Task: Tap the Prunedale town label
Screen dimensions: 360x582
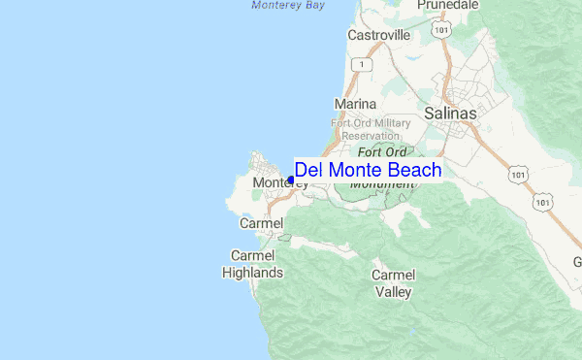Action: click(x=449, y=6)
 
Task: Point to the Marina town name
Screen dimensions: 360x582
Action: click(x=354, y=104)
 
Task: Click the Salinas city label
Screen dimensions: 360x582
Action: click(x=451, y=114)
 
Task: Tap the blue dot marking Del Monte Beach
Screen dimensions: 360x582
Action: click(x=291, y=180)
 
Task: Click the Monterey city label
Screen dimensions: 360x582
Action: click(x=274, y=182)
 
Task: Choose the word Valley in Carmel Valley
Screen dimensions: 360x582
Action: click(x=394, y=291)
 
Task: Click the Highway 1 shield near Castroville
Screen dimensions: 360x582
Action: click(x=361, y=64)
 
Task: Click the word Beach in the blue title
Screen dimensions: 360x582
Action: click(x=410, y=170)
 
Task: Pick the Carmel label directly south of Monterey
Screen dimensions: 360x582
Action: click(x=261, y=224)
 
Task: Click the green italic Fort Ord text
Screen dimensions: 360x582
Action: click(x=381, y=152)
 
